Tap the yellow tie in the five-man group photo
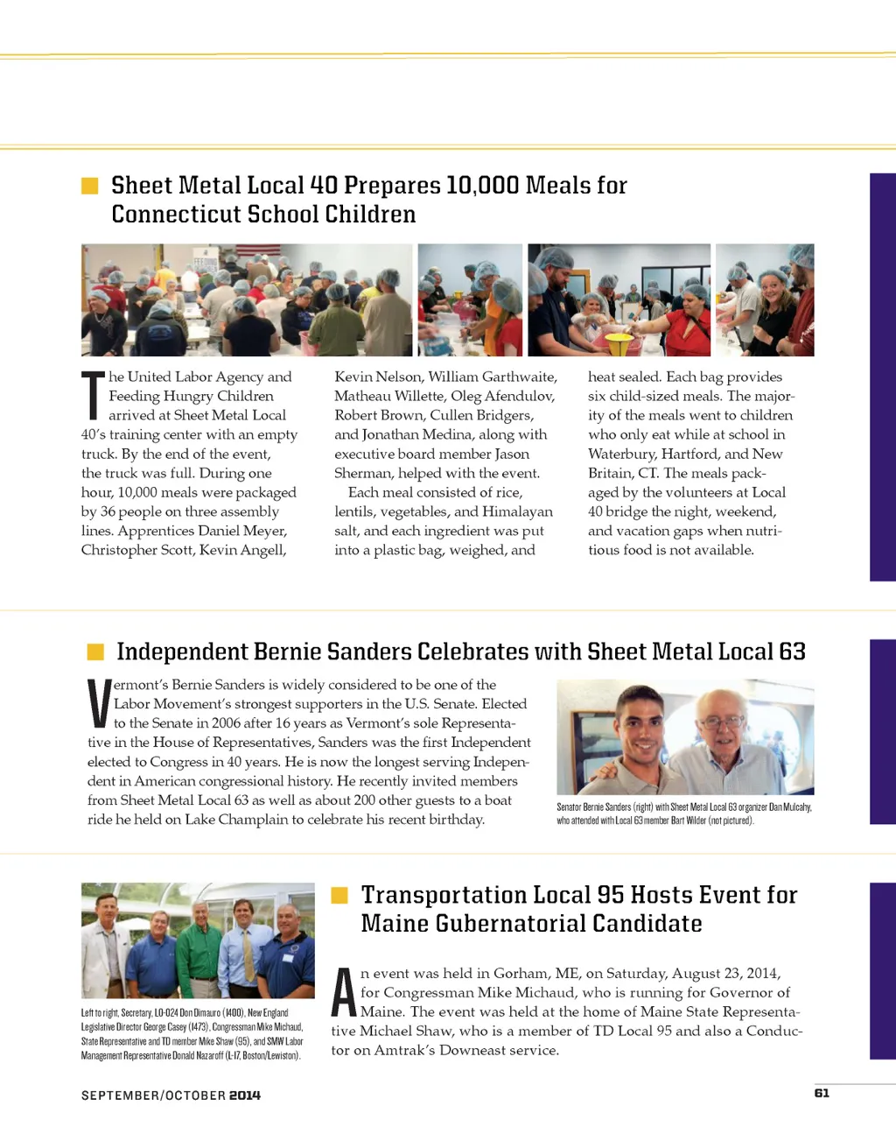[x=248, y=954]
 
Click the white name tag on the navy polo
[x=287, y=957]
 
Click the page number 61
[x=822, y=1093]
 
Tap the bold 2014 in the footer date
[x=245, y=1095]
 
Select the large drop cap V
[x=100, y=703]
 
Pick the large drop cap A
[x=345, y=992]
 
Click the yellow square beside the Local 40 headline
[x=90, y=186]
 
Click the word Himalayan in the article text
[x=517, y=511]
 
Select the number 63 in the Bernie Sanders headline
[x=792, y=652]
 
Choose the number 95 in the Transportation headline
[x=611, y=895]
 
